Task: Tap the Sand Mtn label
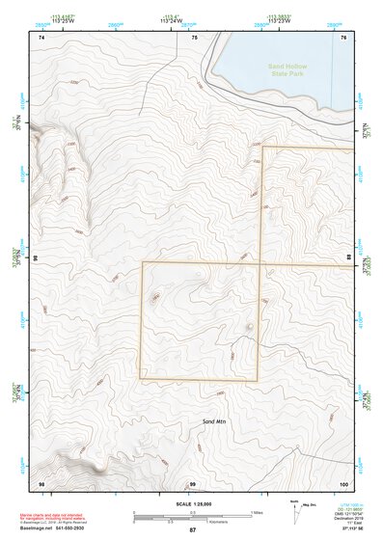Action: [214, 422]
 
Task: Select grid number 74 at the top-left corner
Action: [41, 37]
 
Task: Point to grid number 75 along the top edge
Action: [195, 37]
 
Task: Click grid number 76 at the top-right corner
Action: [344, 37]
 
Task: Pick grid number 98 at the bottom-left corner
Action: [41, 482]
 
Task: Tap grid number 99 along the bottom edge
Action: [193, 482]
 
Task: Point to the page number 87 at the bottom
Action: [192, 530]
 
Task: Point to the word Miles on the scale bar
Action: [258, 511]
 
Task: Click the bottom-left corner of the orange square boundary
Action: [142, 378]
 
